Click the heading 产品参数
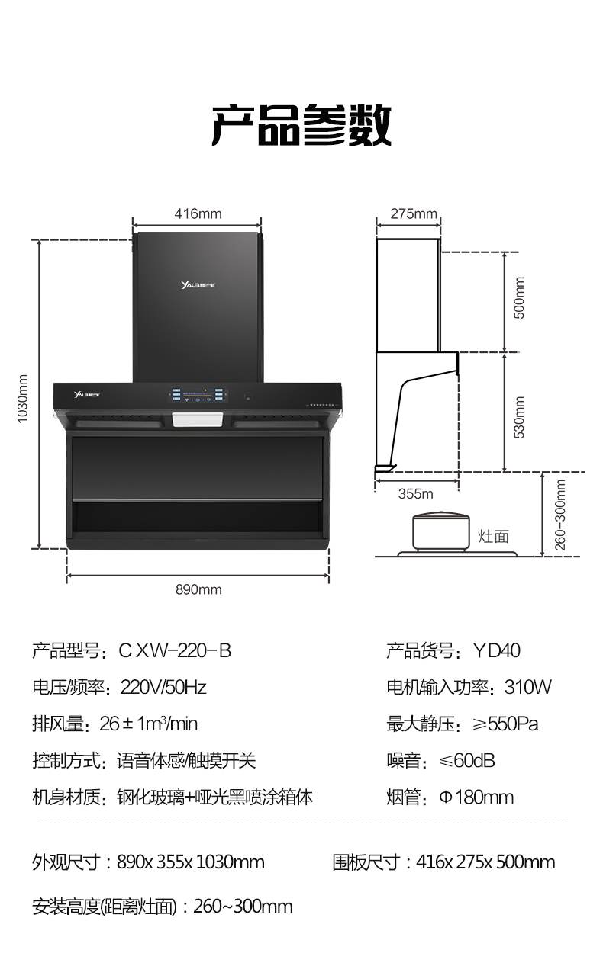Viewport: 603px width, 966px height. click(x=301, y=124)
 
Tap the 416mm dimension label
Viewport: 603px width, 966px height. click(x=198, y=213)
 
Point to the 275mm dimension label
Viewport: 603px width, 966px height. click(x=414, y=213)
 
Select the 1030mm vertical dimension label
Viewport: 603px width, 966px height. click(x=22, y=399)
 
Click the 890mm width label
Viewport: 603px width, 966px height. click(x=198, y=589)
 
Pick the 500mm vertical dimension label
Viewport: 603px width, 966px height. click(x=519, y=297)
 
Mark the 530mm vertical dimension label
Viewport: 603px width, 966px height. click(x=519, y=417)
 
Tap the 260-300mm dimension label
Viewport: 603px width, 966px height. click(x=559, y=515)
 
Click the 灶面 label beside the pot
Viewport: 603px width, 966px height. click(x=493, y=537)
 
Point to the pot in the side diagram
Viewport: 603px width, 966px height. click(x=441, y=531)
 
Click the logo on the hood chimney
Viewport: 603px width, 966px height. click(x=198, y=284)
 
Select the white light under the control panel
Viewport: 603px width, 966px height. click(x=198, y=419)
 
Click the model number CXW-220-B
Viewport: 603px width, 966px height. click(x=175, y=651)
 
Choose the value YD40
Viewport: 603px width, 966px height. click(x=496, y=651)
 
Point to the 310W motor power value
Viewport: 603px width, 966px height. click(x=528, y=688)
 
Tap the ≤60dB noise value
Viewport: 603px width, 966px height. click(x=466, y=761)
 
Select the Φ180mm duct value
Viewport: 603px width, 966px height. click(x=476, y=798)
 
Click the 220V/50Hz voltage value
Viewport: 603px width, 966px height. click(x=163, y=688)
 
